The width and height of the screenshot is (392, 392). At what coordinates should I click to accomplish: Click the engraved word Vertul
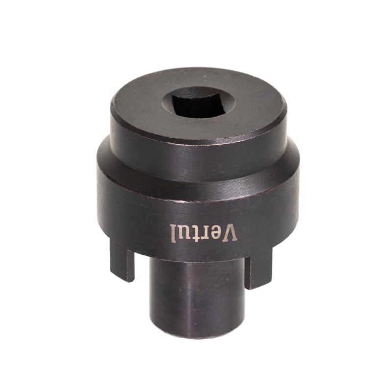pyautogui.click(x=204, y=233)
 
